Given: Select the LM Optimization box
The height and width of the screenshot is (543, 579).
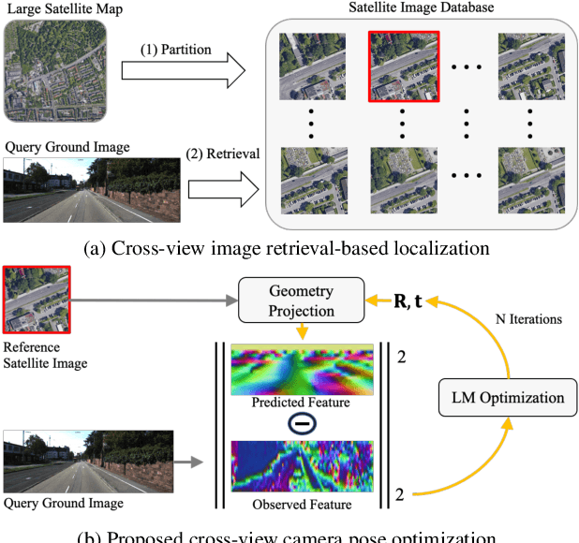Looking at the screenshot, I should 506,397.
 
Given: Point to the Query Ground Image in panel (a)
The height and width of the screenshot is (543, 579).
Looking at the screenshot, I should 91,189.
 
